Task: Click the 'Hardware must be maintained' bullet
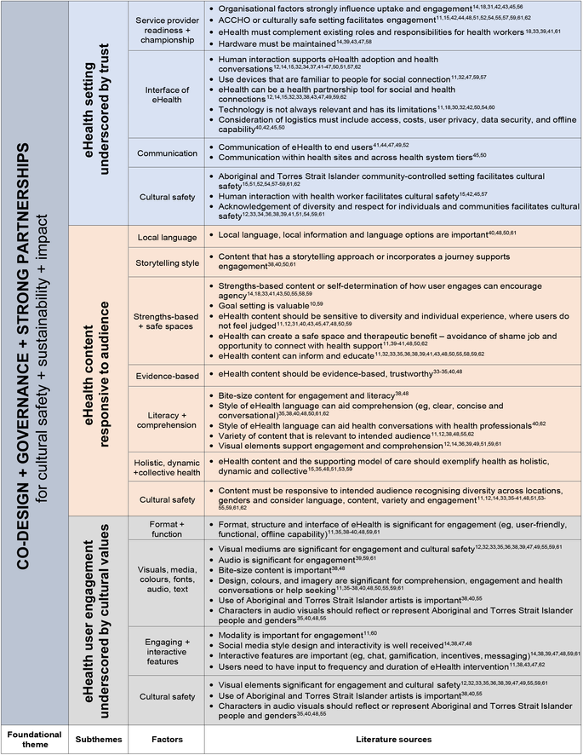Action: [282, 41]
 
